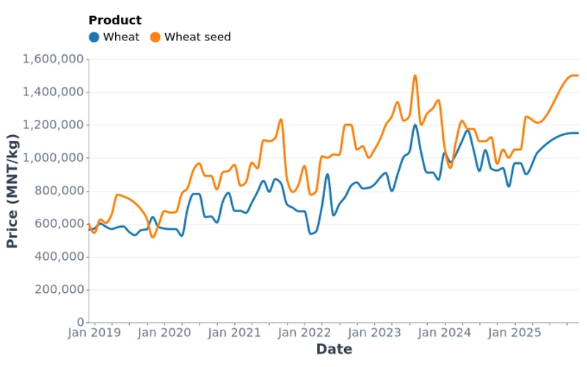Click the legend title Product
click(x=114, y=21)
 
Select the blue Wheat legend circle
click(x=94, y=37)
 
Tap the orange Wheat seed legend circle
click(x=155, y=37)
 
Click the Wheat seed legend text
click(x=197, y=37)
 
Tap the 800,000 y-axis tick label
click(x=60, y=191)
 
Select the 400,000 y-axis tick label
click(x=60, y=257)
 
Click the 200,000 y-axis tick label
click(x=60, y=290)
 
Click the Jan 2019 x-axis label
click(x=95, y=333)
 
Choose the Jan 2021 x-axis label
click(x=236, y=333)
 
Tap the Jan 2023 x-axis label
click(x=376, y=333)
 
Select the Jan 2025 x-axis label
click(x=517, y=333)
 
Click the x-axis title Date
click(x=334, y=349)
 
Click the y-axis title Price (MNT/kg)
click(x=12, y=191)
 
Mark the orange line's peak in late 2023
click(x=415, y=75)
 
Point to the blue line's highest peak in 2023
click(x=415, y=124)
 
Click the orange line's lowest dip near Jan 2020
click(x=153, y=236)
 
